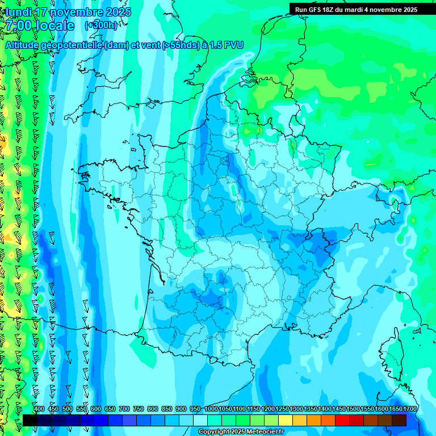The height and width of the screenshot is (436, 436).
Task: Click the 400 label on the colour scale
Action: tap(39, 409)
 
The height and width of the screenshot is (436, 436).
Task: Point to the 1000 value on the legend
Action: tap(211, 409)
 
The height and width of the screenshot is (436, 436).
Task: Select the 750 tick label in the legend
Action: tap(139, 409)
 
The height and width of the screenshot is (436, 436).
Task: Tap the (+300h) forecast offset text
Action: tap(101, 25)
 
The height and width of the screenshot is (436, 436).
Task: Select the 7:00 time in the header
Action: tap(19, 26)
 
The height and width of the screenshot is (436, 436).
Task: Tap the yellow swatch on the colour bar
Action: tap(299, 420)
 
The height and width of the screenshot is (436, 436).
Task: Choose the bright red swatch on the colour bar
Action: tap(342, 420)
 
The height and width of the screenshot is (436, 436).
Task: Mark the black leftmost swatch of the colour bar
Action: tap(30, 420)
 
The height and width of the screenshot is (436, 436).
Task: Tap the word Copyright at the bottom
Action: tap(214, 432)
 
